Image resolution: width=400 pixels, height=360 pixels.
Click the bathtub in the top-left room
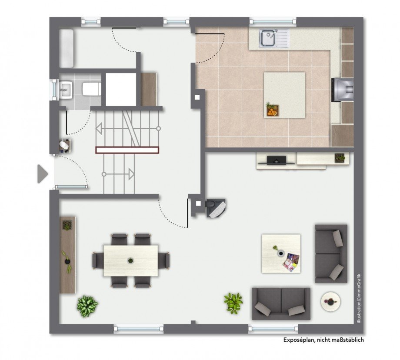point(67,48)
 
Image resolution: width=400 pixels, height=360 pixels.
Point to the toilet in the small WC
point(91,89)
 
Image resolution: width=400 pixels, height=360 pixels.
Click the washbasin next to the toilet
point(66,90)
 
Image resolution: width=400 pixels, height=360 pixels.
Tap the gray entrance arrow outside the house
point(42,174)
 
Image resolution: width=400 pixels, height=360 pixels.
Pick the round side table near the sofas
point(330,302)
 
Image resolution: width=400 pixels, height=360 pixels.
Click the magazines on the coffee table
point(291,262)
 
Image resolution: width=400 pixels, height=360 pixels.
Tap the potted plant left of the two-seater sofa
point(233,303)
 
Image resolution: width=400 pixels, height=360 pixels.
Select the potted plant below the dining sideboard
point(87,306)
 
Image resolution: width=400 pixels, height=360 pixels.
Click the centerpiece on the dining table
point(130,260)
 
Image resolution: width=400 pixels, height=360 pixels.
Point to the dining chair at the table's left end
point(98,260)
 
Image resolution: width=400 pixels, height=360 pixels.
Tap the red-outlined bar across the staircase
point(127,150)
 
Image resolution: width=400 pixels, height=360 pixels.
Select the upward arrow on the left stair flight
point(99,128)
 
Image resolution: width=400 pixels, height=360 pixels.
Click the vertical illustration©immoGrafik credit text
point(359,299)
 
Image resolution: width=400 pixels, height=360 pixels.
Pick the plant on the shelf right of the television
point(340,158)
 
